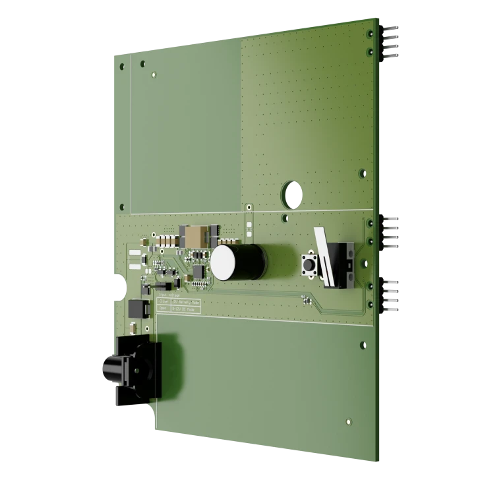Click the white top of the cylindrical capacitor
coord(223,264)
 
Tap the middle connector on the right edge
coord(393,232)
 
